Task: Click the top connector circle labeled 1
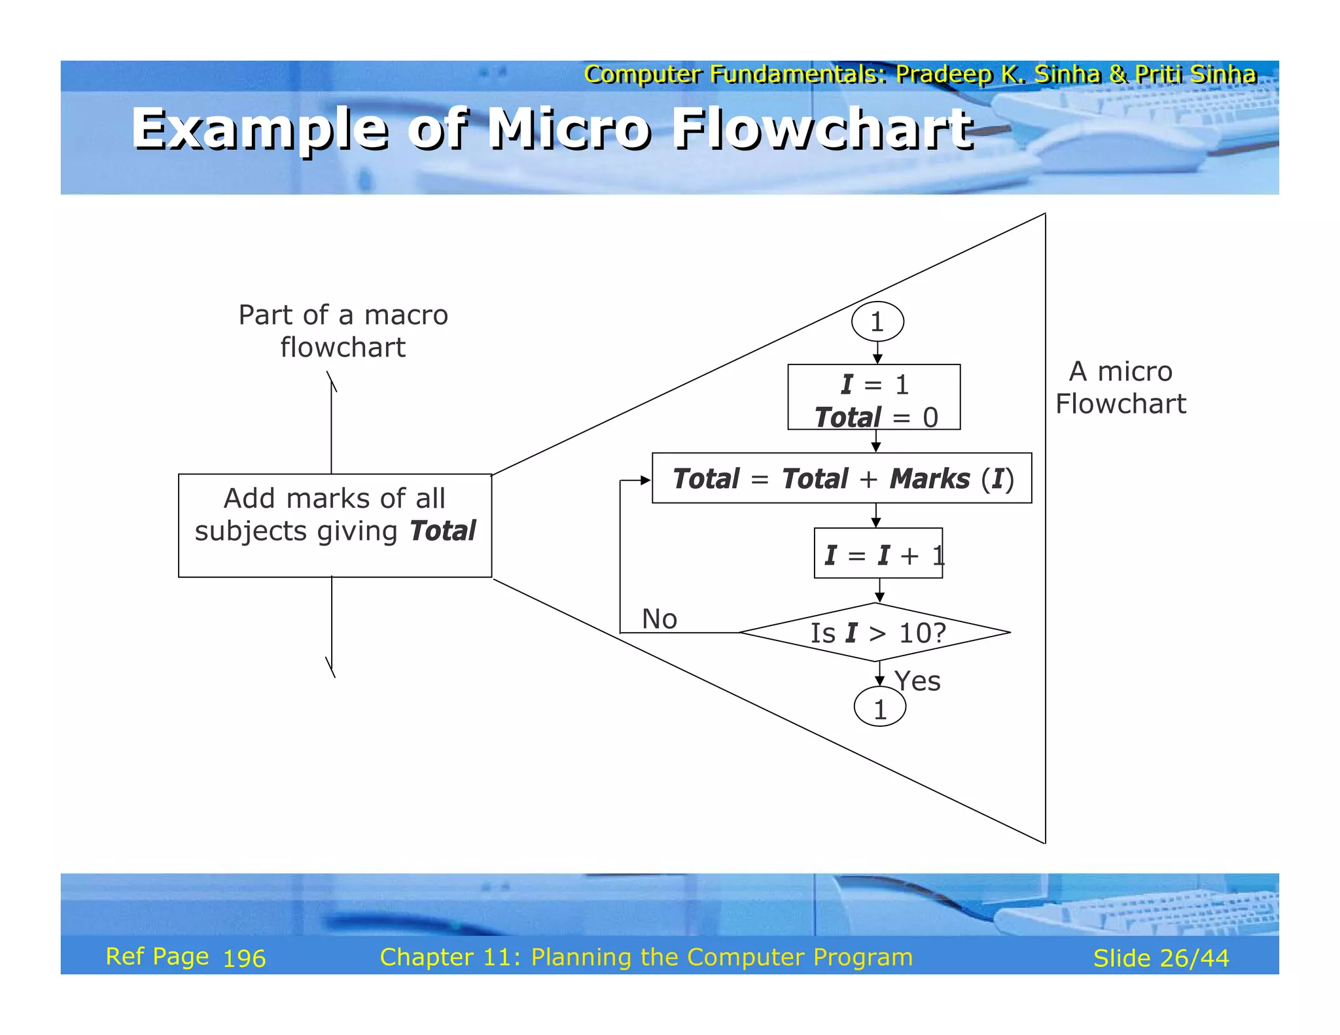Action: [877, 321]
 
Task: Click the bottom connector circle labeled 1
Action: [880, 707]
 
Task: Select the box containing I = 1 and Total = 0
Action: [873, 397]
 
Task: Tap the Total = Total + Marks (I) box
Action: [841, 478]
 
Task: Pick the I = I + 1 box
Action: [878, 553]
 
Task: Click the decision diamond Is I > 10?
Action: [875, 632]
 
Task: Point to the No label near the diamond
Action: [659, 619]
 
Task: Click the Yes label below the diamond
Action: [917, 681]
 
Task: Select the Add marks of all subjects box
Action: [334, 525]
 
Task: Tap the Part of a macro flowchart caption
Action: [343, 330]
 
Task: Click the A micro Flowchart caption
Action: [1120, 387]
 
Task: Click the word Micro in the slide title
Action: [569, 128]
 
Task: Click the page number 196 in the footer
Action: [244, 958]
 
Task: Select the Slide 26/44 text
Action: [1161, 958]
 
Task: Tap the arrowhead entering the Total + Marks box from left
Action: [646, 480]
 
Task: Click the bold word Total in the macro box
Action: [442, 531]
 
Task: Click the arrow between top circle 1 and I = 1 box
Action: [877, 353]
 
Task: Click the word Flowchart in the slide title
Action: [823, 128]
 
